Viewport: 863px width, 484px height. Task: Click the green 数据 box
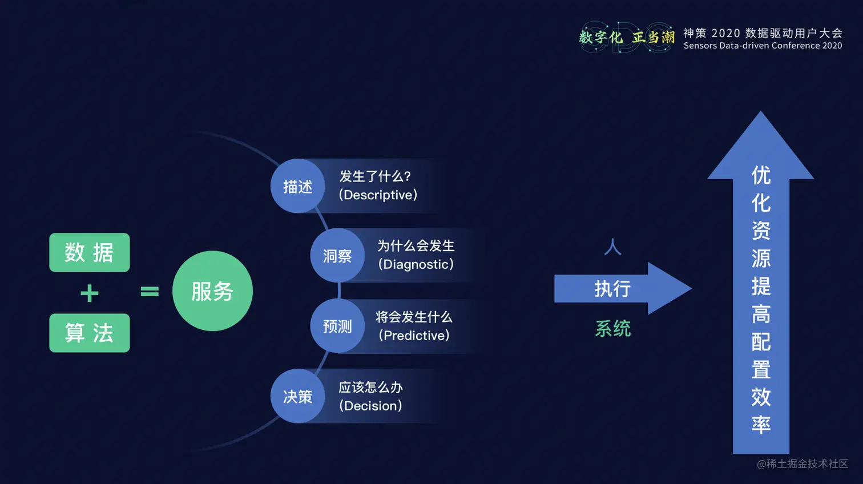click(x=90, y=252)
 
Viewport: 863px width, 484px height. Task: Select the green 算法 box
click(x=90, y=333)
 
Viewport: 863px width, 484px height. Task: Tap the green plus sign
click(x=90, y=293)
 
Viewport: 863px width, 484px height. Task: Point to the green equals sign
click(x=150, y=292)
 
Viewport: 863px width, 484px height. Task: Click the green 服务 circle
click(x=212, y=291)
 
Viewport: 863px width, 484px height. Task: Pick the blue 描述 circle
click(x=297, y=186)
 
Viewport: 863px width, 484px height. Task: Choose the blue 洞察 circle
click(x=337, y=256)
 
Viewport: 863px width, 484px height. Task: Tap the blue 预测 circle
click(x=337, y=326)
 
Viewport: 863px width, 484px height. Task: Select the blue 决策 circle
click(x=297, y=396)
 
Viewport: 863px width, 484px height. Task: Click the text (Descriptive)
click(x=378, y=195)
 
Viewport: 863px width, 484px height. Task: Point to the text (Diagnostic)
click(x=416, y=264)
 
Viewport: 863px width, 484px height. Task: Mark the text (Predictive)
click(x=414, y=336)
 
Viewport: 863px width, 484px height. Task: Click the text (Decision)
click(x=370, y=406)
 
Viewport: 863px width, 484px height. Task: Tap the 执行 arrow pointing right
click(x=622, y=289)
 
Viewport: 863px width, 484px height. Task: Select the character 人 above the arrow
click(x=612, y=247)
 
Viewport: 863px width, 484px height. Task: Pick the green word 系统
click(x=613, y=329)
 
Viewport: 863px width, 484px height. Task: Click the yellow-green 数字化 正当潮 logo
click(x=627, y=38)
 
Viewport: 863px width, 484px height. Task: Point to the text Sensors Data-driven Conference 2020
click(x=763, y=46)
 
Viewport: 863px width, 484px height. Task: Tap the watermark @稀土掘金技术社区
click(x=802, y=464)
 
